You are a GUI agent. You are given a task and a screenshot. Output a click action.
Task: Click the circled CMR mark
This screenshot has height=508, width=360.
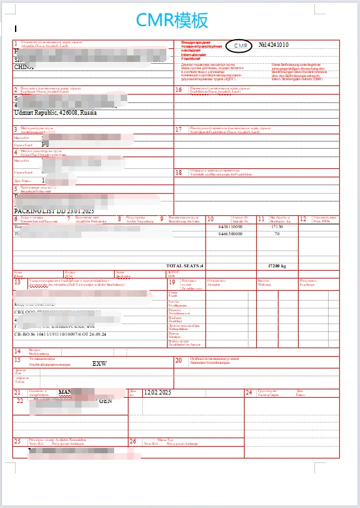click(241, 46)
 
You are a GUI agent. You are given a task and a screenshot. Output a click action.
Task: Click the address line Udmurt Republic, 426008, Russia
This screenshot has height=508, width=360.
click(55, 113)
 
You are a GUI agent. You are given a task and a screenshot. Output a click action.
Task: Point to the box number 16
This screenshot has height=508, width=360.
click(179, 89)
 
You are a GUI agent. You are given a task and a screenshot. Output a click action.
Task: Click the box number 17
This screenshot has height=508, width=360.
click(179, 129)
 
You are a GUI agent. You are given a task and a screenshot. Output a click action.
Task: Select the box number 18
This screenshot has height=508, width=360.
click(179, 172)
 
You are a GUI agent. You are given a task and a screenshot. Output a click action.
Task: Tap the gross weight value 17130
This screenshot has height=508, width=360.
click(277, 227)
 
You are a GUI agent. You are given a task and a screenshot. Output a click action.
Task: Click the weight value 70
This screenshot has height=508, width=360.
click(277, 233)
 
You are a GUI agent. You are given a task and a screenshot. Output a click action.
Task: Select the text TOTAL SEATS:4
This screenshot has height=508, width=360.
click(185, 266)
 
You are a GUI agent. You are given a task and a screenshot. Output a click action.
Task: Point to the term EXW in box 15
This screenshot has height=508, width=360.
click(99, 363)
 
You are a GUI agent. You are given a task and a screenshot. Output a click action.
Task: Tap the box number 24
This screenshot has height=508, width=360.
click(248, 392)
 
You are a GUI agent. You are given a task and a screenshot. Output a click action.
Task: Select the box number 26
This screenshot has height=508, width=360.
click(133, 441)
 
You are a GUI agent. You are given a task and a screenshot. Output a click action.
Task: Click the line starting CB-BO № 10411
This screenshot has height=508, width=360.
click(60, 335)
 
